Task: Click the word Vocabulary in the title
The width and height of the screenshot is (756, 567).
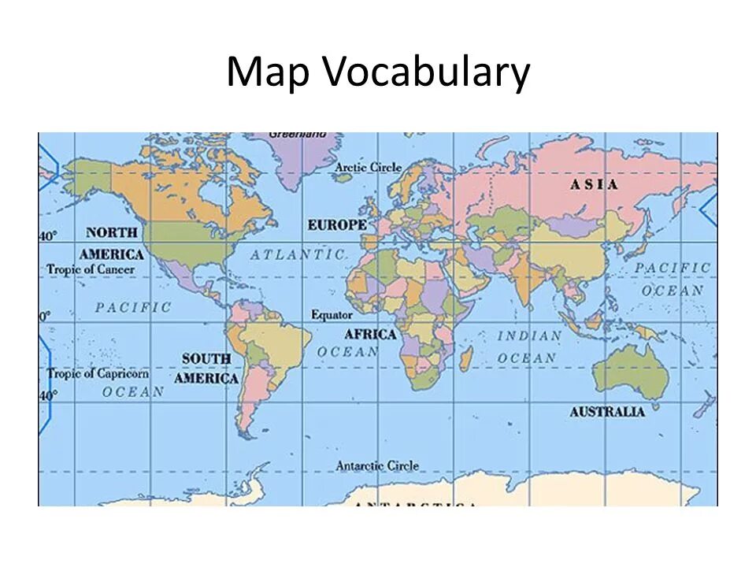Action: (425, 73)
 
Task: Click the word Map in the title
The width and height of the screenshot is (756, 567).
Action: (269, 73)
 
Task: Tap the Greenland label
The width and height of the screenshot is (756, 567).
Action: (297, 135)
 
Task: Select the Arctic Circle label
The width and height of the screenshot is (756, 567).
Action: (368, 168)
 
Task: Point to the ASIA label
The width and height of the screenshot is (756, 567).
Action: (594, 184)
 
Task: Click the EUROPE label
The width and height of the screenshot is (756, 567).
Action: (336, 225)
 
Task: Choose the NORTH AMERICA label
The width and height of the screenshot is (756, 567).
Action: (111, 243)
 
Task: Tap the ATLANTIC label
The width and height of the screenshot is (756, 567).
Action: (298, 254)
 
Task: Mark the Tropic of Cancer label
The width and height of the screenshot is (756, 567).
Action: (91, 269)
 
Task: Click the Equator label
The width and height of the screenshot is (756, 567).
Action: (332, 315)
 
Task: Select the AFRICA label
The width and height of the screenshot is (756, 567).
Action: (370, 334)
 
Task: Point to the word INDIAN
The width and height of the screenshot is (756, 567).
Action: (530, 335)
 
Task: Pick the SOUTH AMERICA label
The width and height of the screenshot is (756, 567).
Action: (206, 369)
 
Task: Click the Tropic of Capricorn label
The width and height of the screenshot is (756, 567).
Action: (98, 373)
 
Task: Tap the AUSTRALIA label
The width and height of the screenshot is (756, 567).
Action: (607, 412)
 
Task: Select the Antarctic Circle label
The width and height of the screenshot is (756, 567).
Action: (377, 466)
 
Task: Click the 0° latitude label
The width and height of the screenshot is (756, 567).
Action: (45, 316)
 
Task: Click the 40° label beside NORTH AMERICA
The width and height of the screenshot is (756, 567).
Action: (48, 236)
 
